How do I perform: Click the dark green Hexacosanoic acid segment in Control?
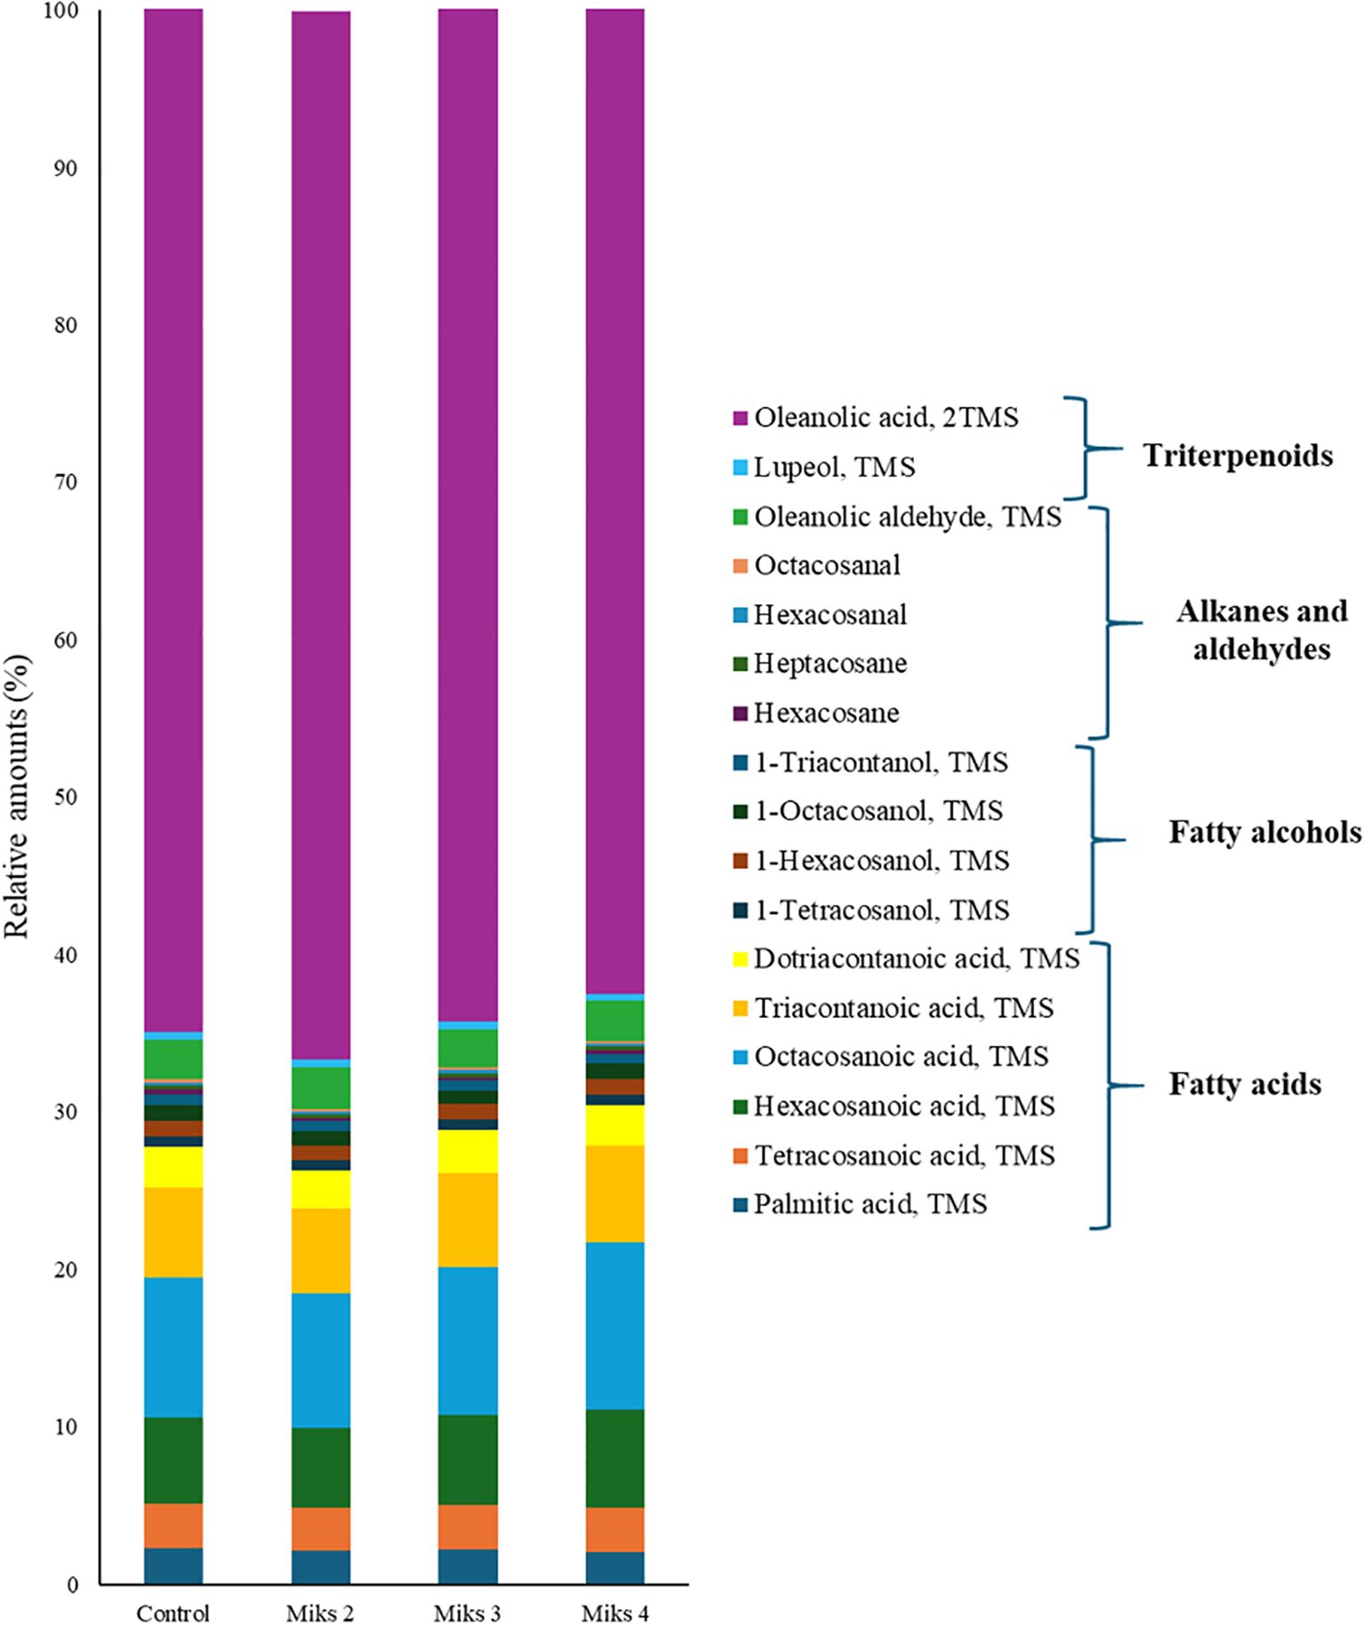pyautogui.click(x=174, y=1459)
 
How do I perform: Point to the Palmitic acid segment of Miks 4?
pyautogui.click(x=615, y=1567)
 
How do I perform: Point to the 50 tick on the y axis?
pyautogui.click(x=64, y=797)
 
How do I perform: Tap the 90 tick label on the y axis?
pyautogui.click(x=64, y=168)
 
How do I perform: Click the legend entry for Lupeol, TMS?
pyautogui.click(x=834, y=467)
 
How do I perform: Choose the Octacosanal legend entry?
pyautogui.click(x=827, y=565)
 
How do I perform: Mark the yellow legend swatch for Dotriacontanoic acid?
pyautogui.click(x=740, y=959)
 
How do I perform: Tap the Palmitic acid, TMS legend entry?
pyautogui.click(x=869, y=1204)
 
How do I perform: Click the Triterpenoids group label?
pyautogui.click(x=1238, y=456)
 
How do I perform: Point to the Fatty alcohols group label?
pyautogui.click(x=1265, y=832)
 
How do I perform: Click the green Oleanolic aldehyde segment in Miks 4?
pyautogui.click(x=615, y=1020)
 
